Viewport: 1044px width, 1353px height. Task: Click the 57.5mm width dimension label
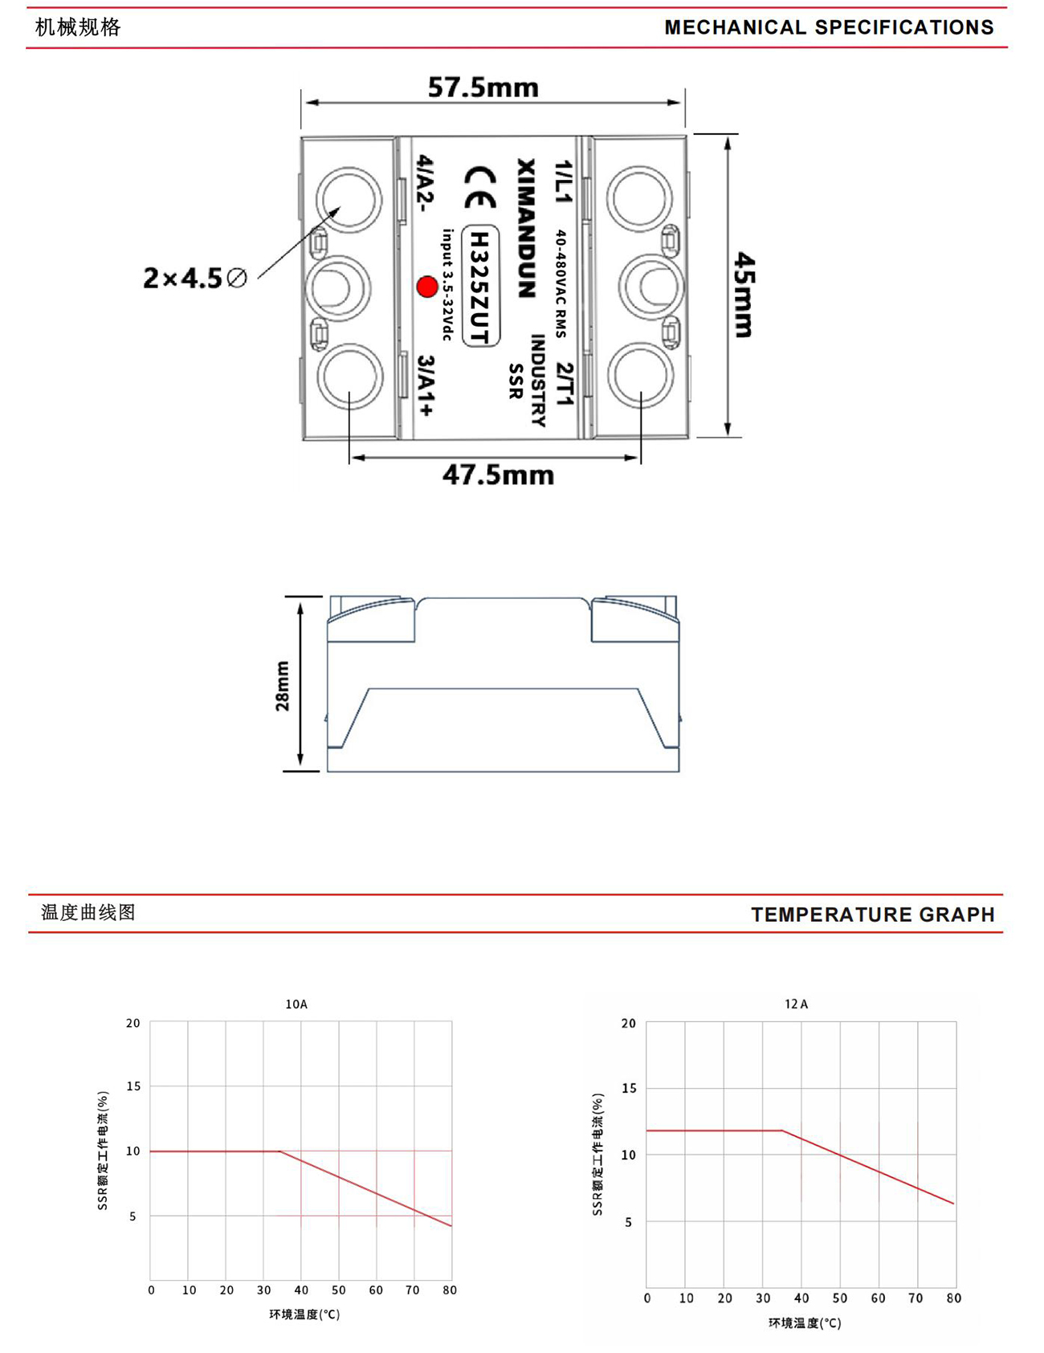click(x=483, y=87)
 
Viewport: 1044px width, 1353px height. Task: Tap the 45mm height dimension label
click(x=744, y=294)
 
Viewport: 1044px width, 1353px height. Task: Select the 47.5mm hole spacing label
click(x=498, y=475)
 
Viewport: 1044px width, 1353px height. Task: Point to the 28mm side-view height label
click(x=282, y=686)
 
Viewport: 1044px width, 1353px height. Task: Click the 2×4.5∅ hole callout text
click(x=195, y=278)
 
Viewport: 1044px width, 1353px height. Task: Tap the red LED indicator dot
click(x=426, y=287)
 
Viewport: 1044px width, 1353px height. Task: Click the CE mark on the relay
click(x=480, y=188)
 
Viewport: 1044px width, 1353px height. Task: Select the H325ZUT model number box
click(x=480, y=285)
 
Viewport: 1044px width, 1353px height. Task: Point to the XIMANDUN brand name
click(x=525, y=228)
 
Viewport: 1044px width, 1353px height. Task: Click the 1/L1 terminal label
click(x=564, y=181)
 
